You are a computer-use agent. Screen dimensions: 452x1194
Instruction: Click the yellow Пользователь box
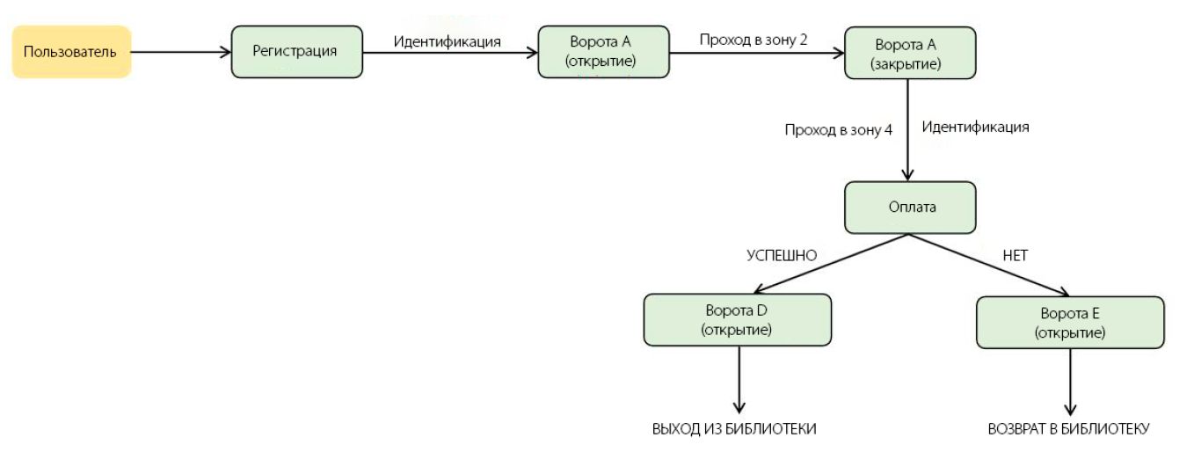tap(71, 52)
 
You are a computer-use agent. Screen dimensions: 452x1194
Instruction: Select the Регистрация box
tap(296, 52)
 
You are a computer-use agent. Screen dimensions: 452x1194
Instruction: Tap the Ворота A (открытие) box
tap(602, 52)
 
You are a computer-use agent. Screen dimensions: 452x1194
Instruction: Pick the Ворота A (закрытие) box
tap(909, 53)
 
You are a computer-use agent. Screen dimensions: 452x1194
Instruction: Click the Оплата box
tap(910, 208)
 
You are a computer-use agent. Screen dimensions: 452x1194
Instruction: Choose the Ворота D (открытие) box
tap(737, 320)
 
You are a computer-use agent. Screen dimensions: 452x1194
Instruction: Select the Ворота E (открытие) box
tap(1070, 322)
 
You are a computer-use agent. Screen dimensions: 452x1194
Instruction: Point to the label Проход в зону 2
tap(754, 40)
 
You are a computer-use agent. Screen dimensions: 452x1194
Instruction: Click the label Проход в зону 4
tap(839, 130)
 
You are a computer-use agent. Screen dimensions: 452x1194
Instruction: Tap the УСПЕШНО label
tap(782, 256)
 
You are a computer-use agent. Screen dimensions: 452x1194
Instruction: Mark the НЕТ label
tap(1015, 256)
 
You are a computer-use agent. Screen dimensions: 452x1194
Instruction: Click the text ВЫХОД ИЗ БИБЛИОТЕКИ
tap(734, 429)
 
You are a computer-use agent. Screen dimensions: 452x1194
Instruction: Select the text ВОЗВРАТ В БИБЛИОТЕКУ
tap(1067, 429)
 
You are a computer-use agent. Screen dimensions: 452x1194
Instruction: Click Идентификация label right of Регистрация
tap(448, 40)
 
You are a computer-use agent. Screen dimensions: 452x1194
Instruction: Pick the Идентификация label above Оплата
tap(975, 127)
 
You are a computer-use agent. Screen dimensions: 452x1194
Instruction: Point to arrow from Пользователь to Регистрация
tap(180, 53)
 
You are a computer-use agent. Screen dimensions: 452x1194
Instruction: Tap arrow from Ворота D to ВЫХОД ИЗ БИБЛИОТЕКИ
tap(739, 378)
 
